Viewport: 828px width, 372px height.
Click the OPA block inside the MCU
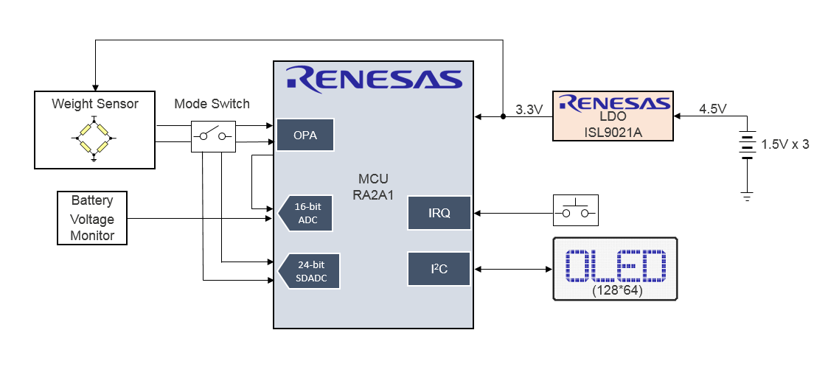[x=305, y=135]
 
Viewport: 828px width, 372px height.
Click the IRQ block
[x=439, y=213]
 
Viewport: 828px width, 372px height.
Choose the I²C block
[x=439, y=269]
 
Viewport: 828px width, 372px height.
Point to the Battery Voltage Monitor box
[x=92, y=218]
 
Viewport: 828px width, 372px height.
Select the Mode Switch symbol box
[x=213, y=136]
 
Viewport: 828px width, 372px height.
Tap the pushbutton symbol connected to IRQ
[x=575, y=210]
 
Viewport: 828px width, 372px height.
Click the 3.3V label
[x=529, y=110]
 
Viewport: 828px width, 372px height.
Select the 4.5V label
[x=712, y=109]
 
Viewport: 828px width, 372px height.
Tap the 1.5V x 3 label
[x=784, y=144]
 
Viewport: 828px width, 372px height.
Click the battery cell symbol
[x=747, y=145]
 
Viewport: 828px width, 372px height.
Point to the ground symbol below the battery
[x=747, y=197]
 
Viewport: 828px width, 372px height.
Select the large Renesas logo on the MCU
[x=374, y=77]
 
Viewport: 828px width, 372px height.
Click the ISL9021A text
[x=613, y=132]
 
